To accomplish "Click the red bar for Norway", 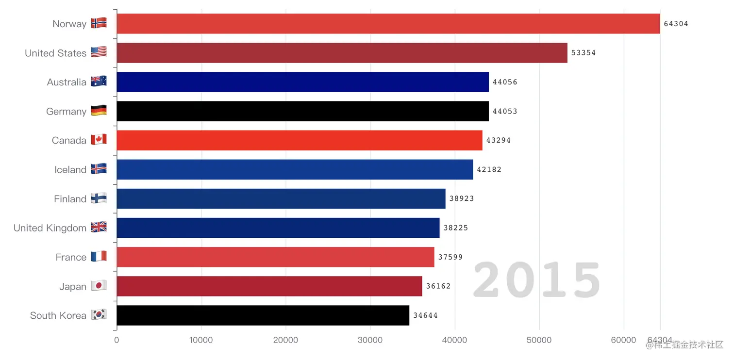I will (x=388, y=24).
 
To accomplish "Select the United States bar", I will (x=342, y=53).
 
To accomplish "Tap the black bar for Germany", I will (x=302, y=111).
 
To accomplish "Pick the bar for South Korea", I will (x=263, y=315).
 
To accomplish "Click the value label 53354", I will (x=584, y=53).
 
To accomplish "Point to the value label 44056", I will (x=505, y=82).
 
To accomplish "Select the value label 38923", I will (x=462, y=198).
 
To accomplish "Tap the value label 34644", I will (x=425, y=315).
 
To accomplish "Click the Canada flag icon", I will (x=99, y=140).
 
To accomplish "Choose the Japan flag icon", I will (x=99, y=286).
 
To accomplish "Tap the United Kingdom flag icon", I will (x=99, y=228).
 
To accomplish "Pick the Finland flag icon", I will (x=99, y=198).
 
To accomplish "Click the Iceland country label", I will (x=70, y=170).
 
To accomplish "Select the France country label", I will (x=71, y=257).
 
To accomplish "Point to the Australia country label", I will (x=67, y=82).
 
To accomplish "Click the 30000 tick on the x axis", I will (x=370, y=340).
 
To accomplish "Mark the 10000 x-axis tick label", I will (x=201, y=340).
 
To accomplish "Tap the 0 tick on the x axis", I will (x=117, y=340).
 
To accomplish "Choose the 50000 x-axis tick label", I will (x=539, y=340).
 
